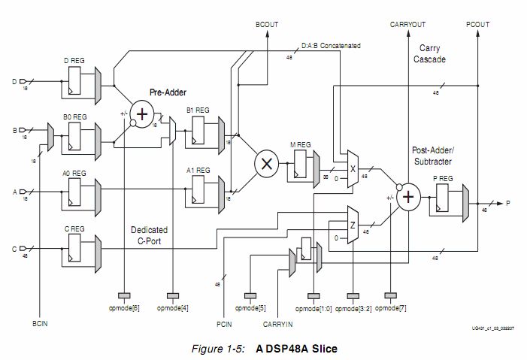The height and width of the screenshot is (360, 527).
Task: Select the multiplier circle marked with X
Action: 265,162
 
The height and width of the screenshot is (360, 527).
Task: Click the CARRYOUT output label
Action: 407,25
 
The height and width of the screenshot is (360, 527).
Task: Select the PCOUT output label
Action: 478,25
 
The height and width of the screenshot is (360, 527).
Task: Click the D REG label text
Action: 76,59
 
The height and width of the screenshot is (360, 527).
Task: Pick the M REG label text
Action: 301,144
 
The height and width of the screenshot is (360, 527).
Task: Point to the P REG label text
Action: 442,177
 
